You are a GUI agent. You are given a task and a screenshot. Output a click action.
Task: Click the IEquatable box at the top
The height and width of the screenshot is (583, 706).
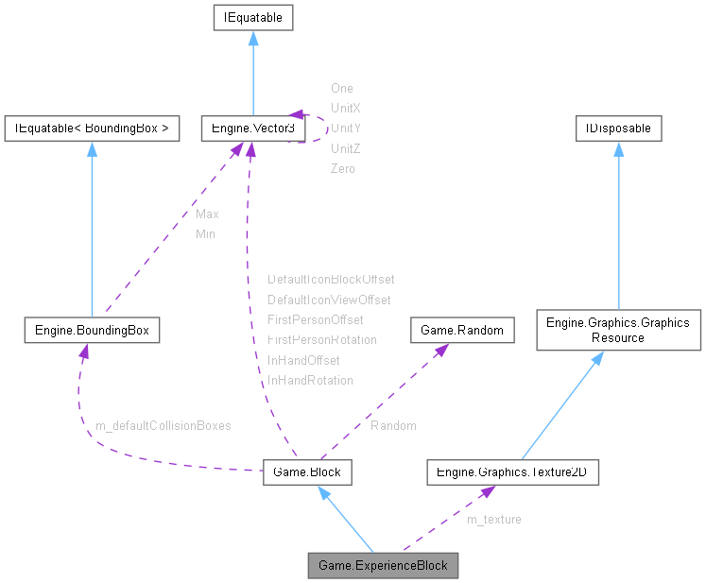point(252,17)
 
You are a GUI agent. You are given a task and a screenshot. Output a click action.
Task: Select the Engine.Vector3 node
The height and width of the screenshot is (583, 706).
point(252,128)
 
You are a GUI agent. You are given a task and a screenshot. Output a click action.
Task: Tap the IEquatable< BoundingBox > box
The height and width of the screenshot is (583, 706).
point(92,128)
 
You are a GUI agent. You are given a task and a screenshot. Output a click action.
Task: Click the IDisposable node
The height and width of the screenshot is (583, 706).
point(618,128)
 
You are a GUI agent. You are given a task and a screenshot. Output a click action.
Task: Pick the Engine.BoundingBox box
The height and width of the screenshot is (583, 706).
point(91,330)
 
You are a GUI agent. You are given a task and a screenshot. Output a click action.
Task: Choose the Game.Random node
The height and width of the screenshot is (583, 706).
point(462,330)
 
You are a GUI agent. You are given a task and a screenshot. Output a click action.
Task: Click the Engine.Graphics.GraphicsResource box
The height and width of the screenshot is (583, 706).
point(618,330)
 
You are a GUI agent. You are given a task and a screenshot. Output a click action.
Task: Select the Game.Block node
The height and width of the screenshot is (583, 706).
point(307,472)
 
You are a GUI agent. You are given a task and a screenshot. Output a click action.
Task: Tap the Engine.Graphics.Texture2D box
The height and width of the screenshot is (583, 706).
point(512,472)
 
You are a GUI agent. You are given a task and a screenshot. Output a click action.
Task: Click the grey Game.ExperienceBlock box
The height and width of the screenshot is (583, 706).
point(383,565)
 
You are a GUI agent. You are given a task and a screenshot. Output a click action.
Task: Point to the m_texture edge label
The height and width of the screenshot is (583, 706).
point(493,519)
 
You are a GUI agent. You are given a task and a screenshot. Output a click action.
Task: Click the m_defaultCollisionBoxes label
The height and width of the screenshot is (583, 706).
point(163,425)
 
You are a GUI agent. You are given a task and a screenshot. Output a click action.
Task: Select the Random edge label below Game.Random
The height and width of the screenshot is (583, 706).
point(393,425)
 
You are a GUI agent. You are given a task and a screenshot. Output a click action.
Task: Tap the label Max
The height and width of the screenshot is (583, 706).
point(207,214)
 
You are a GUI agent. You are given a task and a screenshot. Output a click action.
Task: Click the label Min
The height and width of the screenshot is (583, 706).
point(205,233)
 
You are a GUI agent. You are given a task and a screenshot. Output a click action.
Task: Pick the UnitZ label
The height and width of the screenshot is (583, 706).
point(346,148)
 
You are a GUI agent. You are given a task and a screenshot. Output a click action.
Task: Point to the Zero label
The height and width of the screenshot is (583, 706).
point(342,168)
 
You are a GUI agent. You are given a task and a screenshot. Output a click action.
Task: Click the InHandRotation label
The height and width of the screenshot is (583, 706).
point(310,380)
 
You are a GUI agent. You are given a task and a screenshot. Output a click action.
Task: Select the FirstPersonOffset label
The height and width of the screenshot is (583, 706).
point(315,319)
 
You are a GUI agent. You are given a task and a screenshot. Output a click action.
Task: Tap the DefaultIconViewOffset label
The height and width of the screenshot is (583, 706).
point(329,300)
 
